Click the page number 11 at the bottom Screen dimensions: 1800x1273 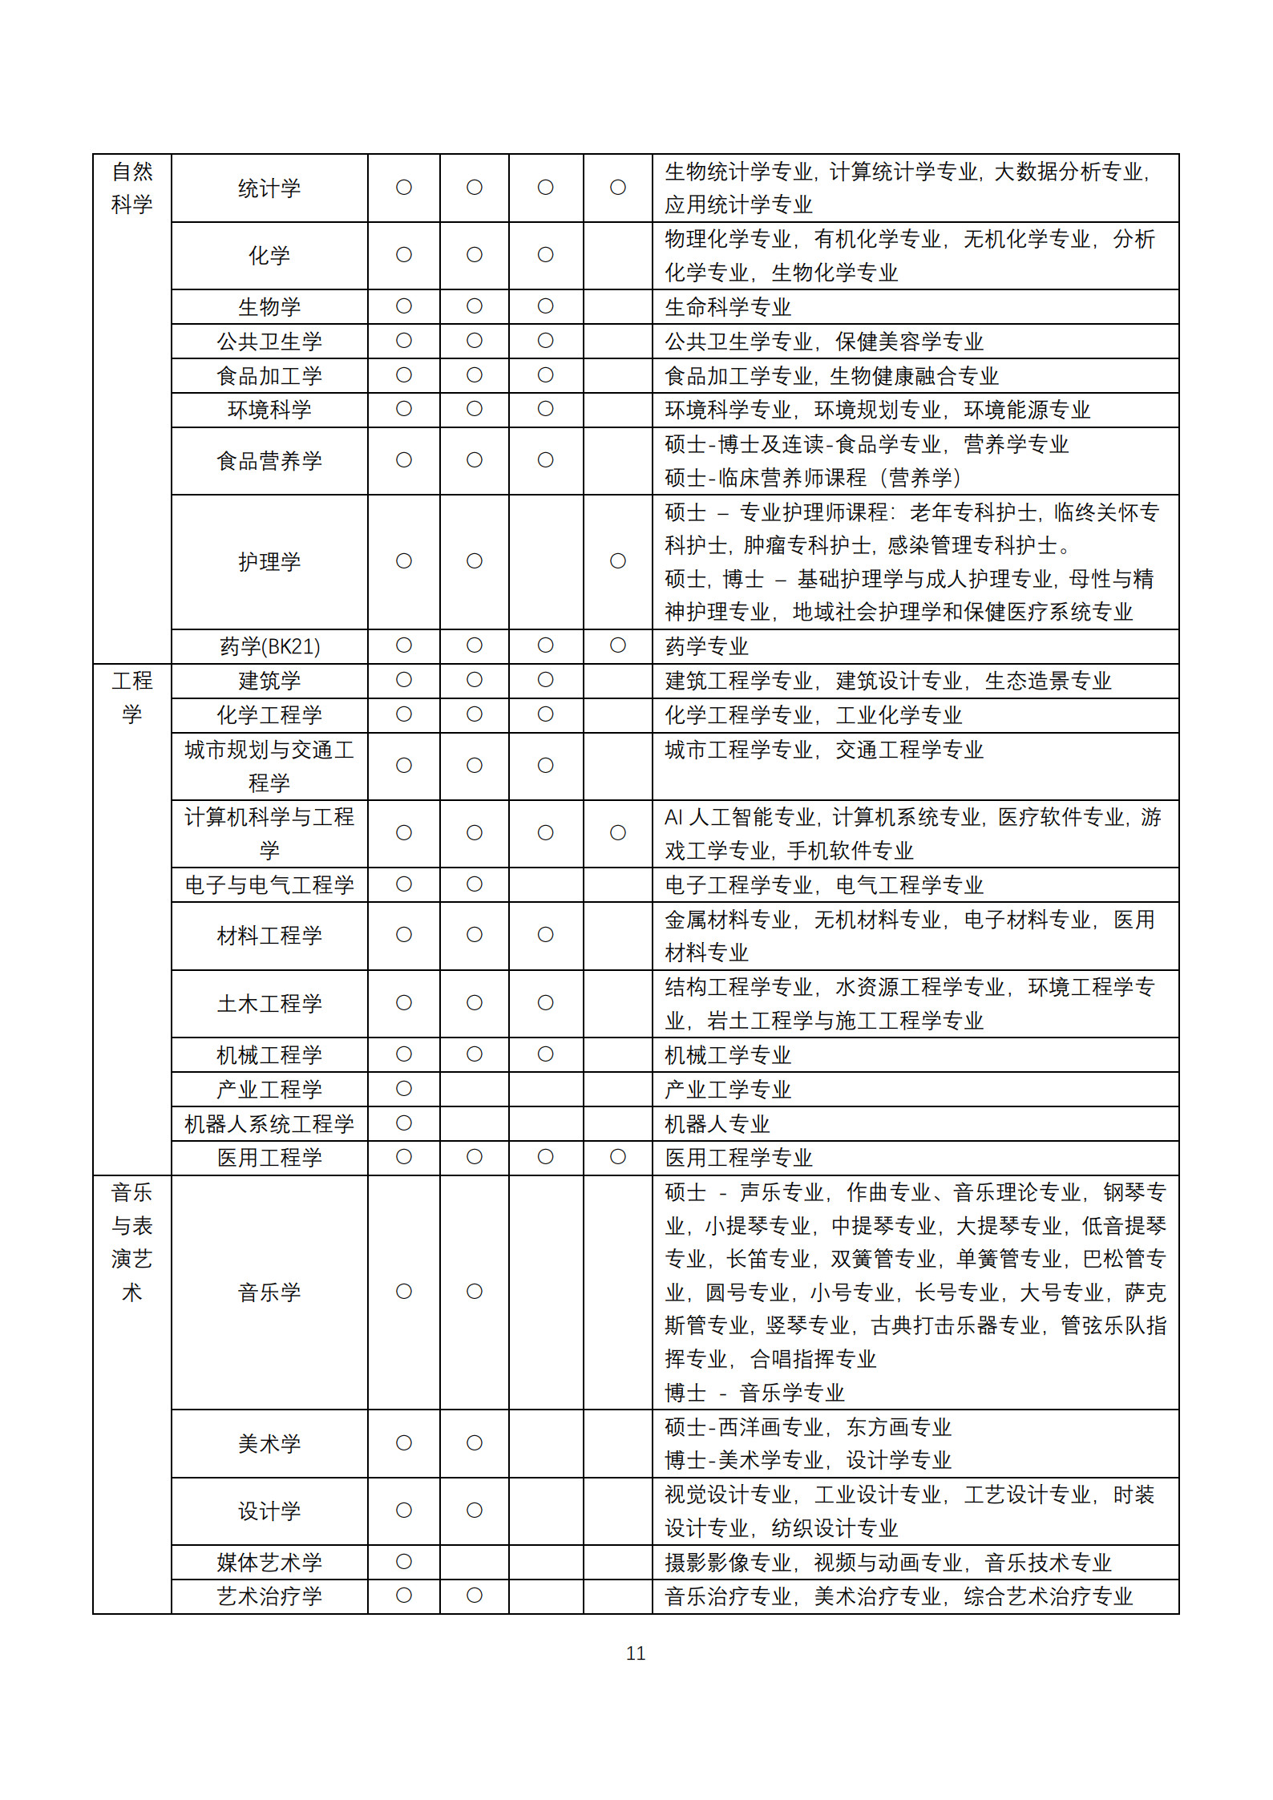(636, 1653)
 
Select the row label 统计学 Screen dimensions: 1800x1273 (269, 188)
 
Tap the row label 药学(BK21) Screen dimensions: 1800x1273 (269, 646)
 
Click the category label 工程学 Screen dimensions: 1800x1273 (132, 697)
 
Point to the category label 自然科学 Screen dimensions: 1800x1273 (132, 188)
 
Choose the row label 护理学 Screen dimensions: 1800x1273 (269, 561)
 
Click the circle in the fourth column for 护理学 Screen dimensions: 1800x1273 (618, 561)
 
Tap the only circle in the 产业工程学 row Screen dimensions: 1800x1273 (404, 1089)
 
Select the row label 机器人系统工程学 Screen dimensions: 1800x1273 (269, 1123)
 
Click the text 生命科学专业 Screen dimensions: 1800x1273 (728, 307)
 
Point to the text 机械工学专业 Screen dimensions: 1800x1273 (728, 1055)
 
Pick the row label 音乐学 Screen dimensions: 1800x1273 (269, 1292)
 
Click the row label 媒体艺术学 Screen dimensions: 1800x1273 (269, 1562)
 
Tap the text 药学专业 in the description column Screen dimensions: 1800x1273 (706, 646)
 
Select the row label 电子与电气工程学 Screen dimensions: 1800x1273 (269, 884)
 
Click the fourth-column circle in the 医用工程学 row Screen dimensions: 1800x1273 (618, 1157)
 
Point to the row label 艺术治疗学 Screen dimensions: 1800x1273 (269, 1596)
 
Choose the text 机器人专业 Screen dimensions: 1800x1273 (717, 1123)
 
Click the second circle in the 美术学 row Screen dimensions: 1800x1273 (475, 1443)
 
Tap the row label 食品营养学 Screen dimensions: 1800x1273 (269, 461)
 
